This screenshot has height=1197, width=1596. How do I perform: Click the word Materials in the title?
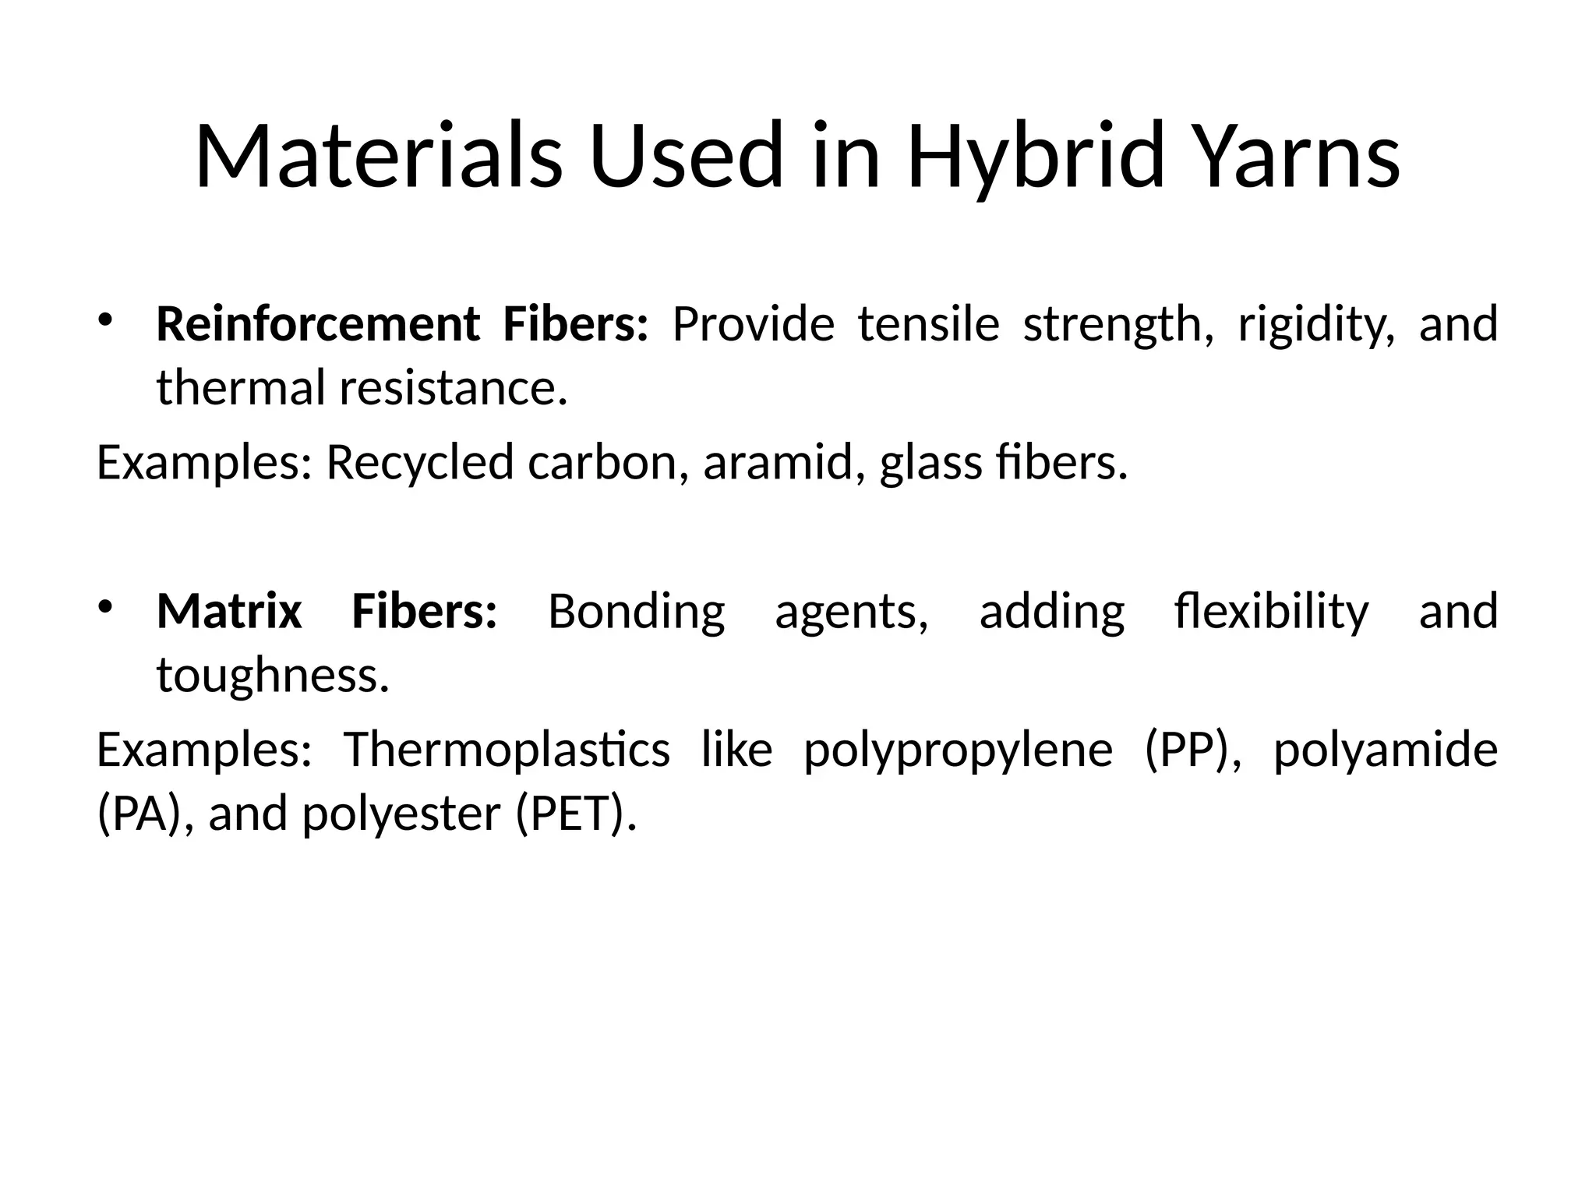(x=378, y=156)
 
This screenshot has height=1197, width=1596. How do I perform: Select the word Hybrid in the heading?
(x=1036, y=156)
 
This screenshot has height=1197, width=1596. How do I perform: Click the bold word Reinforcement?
(x=318, y=324)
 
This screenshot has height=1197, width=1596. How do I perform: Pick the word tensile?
(x=928, y=324)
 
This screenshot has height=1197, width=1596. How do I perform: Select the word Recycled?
(x=419, y=463)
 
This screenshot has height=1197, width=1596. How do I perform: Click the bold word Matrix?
(x=229, y=611)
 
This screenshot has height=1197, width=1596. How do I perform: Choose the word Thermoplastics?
(x=507, y=750)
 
